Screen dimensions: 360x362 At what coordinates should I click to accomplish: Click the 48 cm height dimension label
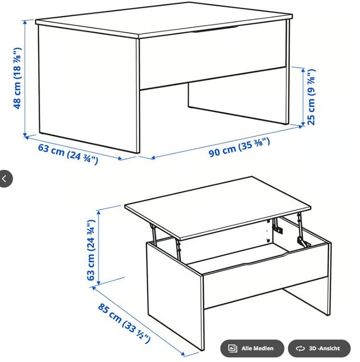point(17,78)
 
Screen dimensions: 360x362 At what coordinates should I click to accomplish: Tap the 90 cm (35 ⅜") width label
point(239,147)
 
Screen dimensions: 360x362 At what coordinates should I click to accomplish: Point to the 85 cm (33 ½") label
point(124,323)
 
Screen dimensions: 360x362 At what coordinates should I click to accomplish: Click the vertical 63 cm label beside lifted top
point(91,250)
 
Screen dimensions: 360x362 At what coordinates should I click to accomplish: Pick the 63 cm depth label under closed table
point(68,154)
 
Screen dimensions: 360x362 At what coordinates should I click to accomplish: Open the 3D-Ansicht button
point(319,348)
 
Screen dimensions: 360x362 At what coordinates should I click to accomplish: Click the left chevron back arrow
point(4,179)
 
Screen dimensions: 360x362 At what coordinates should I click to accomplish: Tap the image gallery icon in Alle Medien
point(232,348)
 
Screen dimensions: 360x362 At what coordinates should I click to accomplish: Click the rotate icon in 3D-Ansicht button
point(300,348)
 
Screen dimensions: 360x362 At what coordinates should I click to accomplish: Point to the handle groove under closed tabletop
point(216,29)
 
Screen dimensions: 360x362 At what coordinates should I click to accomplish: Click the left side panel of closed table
point(89,89)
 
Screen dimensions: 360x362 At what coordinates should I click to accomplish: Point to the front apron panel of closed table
point(213,62)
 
